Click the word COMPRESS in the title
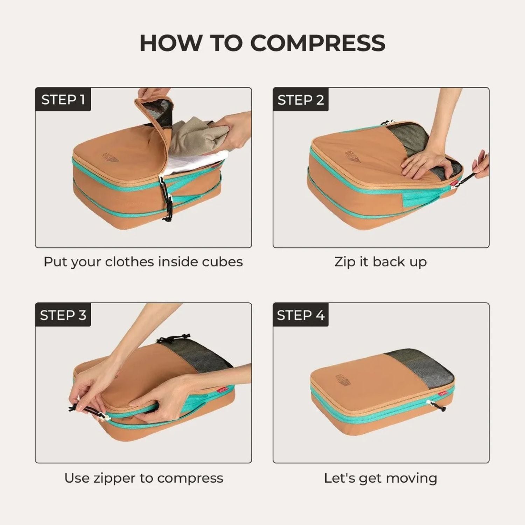[318, 43]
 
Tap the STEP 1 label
[63, 100]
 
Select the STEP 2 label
[301, 100]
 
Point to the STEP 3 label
[63, 315]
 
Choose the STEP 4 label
[301, 315]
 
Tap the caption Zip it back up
[380, 262]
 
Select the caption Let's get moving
[380, 478]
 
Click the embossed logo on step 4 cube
[343, 379]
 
